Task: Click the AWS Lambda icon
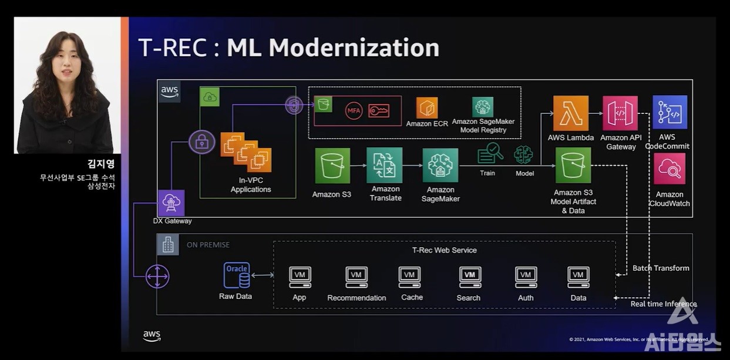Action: pos(570,113)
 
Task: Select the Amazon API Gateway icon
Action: pos(620,113)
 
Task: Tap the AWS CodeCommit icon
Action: pos(670,112)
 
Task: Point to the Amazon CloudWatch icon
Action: pos(670,169)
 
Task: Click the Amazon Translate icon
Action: pos(385,165)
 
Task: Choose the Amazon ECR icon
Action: pos(427,108)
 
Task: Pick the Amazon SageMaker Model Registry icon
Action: pos(483,107)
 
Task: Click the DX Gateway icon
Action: pos(171,203)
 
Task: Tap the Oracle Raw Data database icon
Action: pos(237,275)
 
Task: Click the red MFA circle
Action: pos(354,110)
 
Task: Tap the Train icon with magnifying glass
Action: pos(490,154)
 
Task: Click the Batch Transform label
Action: pos(661,268)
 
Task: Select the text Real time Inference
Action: pos(664,304)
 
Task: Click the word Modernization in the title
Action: pos(333,48)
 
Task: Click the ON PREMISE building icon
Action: pos(168,244)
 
